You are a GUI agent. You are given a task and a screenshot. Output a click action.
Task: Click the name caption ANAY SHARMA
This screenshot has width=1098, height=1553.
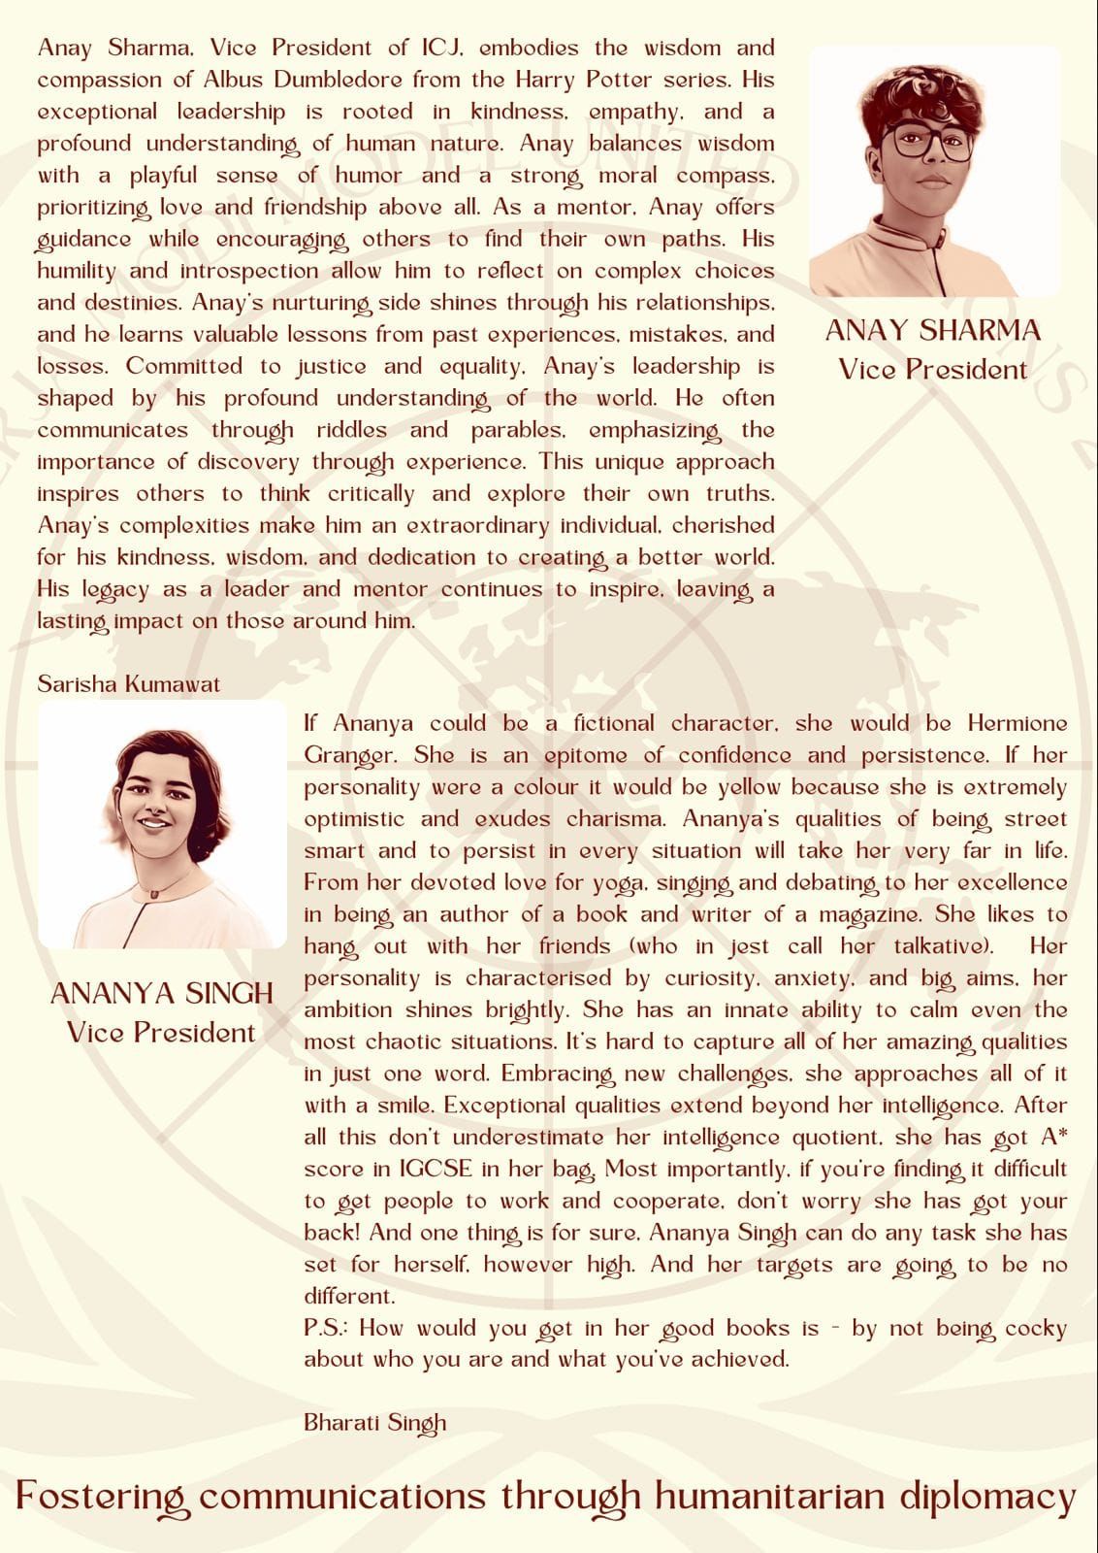click(932, 330)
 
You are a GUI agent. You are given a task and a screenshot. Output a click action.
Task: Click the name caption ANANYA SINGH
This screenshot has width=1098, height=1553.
click(162, 993)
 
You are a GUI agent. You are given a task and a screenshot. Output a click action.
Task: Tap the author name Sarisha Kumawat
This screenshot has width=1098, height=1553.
click(128, 683)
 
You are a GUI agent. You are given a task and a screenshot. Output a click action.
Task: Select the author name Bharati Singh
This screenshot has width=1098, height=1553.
click(374, 1422)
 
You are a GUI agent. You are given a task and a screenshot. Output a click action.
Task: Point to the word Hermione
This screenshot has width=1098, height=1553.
click(1017, 723)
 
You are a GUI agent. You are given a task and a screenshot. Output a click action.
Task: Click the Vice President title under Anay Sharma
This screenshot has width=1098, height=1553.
click(932, 369)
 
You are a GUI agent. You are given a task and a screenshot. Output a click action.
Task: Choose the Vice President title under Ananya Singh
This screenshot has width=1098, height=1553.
click(162, 1031)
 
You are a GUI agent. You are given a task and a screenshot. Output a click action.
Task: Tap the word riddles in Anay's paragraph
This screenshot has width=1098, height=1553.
click(351, 429)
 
